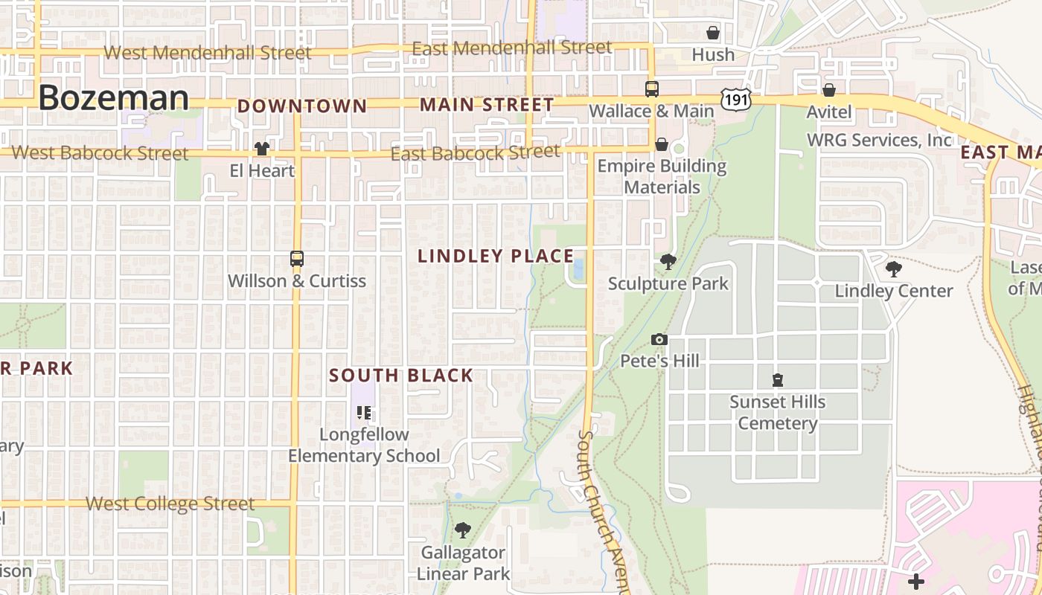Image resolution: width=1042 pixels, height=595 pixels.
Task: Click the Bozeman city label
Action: click(x=114, y=98)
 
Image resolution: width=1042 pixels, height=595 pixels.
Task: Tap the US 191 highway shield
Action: click(x=735, y=99)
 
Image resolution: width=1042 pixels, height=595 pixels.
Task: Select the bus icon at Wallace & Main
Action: click(x=652, y=89)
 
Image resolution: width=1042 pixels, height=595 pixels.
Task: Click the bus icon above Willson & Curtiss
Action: click(x=297, y=259)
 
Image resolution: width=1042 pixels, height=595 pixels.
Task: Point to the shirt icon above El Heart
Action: click(x=262, y=149)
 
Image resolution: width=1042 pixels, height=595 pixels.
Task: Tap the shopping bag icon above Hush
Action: click(x=713, y=33)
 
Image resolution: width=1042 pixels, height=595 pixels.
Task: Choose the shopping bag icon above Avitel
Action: click(x=829, y=90)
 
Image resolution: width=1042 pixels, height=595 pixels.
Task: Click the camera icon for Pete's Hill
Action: click(x=659, y=340)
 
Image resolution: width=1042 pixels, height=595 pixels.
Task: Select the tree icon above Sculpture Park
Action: click(x=668, y=262)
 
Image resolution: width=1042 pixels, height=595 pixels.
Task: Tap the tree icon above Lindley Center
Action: click(x=893, y=269)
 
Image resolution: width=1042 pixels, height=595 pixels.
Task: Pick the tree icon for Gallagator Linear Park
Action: click(x=463, y=530)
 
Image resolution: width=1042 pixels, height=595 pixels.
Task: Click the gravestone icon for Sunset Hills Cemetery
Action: click(x=778, y=380)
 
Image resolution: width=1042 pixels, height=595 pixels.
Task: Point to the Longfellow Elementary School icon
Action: click(x=364, y=412)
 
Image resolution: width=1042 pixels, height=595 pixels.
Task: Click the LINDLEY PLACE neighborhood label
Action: click(x=496, y=257)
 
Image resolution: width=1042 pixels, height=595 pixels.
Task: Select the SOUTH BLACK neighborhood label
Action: click(x=401, y=376)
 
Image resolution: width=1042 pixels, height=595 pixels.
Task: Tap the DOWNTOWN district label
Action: click(x=302, y=106)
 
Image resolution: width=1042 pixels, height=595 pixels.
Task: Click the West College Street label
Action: click(x=170, y=504)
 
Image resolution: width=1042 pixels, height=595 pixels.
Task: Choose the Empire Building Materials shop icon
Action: click(x=662, y=144)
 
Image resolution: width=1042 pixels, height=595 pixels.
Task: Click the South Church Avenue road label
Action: click(x=599, y=506)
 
